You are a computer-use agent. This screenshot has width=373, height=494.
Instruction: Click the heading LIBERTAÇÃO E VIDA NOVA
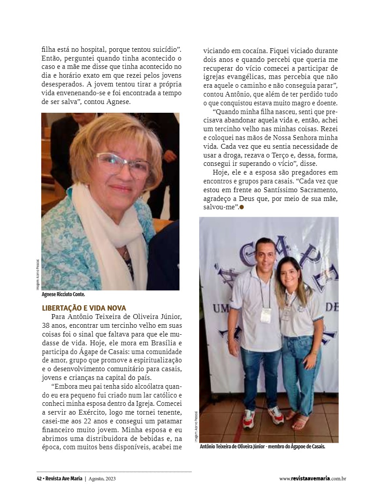click(84, 308)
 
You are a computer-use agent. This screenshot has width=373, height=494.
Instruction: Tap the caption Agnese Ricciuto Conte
click(66, 294)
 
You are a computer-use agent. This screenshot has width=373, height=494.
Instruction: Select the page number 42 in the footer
click(39, 479)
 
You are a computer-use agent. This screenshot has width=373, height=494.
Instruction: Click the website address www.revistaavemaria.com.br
click(312, 479)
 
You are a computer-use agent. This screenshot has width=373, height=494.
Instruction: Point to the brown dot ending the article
click(242, 208)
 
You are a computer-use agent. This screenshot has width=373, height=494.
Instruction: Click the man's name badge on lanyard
click(266, 315)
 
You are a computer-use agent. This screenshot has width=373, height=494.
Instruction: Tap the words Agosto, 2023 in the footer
click(102, 479)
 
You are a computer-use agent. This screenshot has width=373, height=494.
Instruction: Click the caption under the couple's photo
click(262, 447)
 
